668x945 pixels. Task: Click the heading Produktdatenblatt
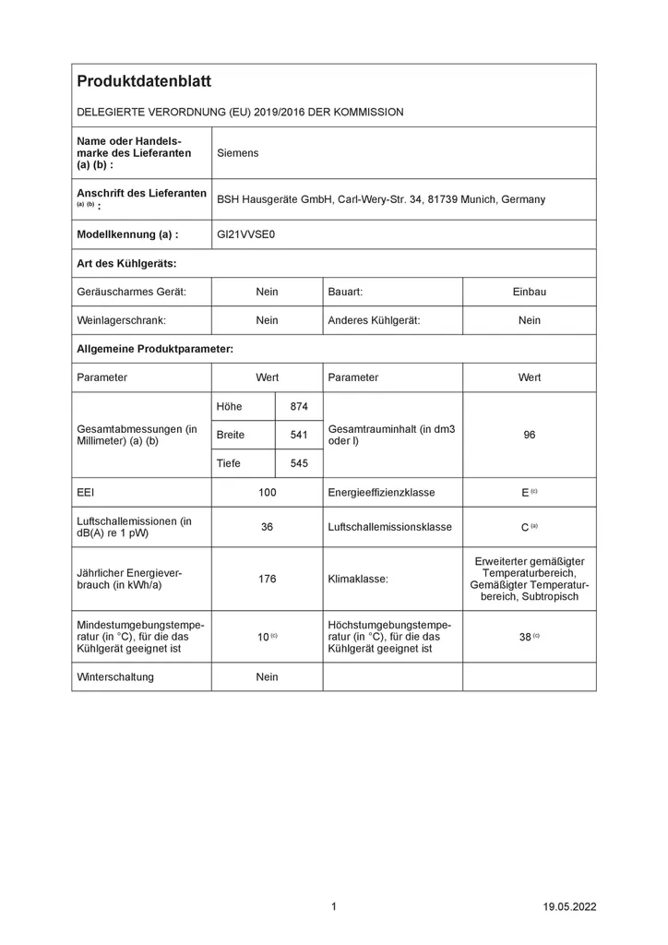coord(144,82)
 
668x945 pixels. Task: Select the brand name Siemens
coord(237,152)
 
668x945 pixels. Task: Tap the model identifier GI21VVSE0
coord(245,234)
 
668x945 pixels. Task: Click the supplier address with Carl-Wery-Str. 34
coord(380,198)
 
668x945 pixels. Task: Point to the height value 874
coord(299,406)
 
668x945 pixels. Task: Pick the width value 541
coord(299,435)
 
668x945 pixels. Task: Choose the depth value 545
coord(299,463)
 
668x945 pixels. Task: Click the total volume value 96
coord(529,435)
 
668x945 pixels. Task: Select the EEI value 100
coord(267,493)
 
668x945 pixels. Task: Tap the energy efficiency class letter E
coord(525,493)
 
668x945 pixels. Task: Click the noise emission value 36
coord(267,527)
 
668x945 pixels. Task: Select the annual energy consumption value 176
coord(267,579)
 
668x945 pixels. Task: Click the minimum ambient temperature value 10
coord(263,637)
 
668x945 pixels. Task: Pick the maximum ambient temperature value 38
coord(525,637)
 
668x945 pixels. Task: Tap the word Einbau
coord(529,292)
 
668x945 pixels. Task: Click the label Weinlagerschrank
coord(121,320)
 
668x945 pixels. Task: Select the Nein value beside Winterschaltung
coord(267,676)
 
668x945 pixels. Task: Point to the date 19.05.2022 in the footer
coord(569,907)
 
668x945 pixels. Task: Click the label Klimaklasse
coord(358,579)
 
